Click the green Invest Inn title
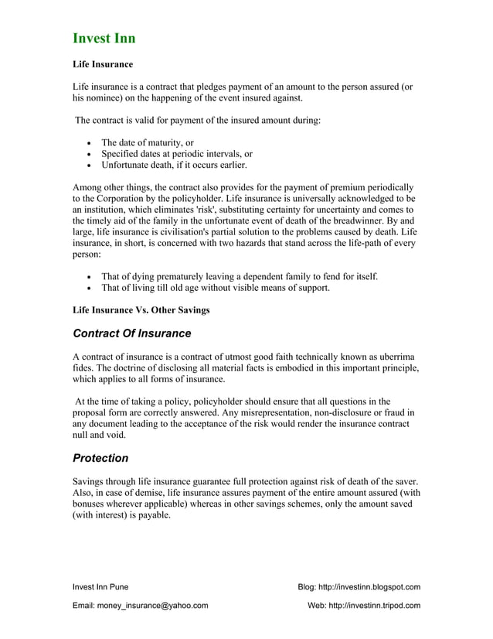[104, 38]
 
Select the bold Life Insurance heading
[103, 64]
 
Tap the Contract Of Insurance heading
[131, 333]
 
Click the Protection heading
[100, 458]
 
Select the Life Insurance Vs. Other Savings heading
[141, 310]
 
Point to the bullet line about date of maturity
[147, 142]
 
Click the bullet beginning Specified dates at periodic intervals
[177, 154]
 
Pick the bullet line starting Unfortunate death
[174, 165]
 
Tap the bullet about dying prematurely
[240, 276]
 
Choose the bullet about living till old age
[216, 288]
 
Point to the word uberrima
[399, 357]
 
